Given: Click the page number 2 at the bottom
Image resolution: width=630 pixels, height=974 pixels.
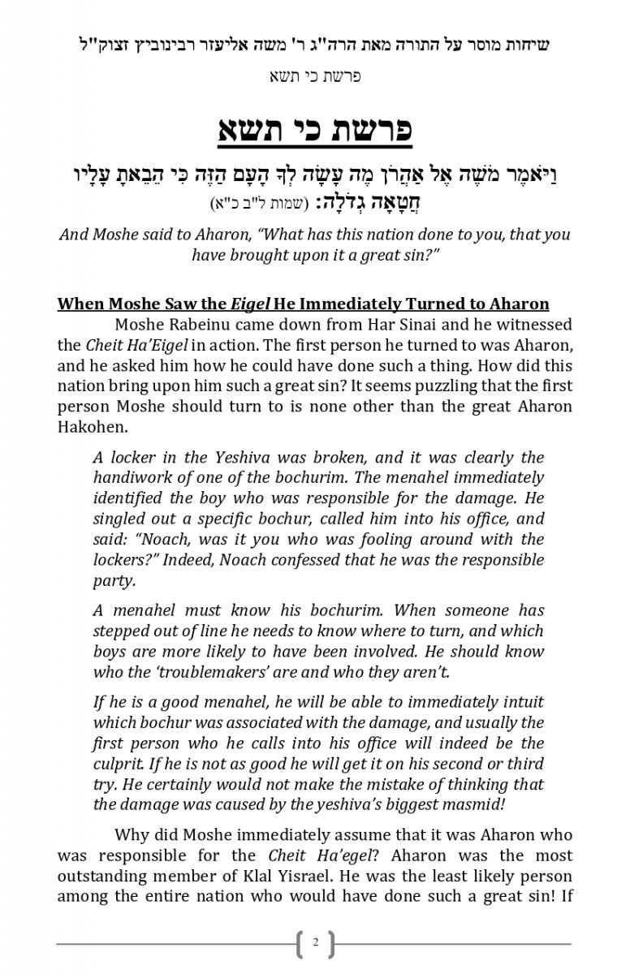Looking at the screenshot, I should coord(315,943).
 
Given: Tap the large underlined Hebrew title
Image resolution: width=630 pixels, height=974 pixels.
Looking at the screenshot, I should coord(315,131).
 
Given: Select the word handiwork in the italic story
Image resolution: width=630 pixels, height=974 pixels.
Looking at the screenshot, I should coord(134,477).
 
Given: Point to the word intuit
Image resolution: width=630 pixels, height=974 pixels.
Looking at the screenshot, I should coord(523,701).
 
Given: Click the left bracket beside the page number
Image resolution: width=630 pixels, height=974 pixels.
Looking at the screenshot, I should coord(300,944).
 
